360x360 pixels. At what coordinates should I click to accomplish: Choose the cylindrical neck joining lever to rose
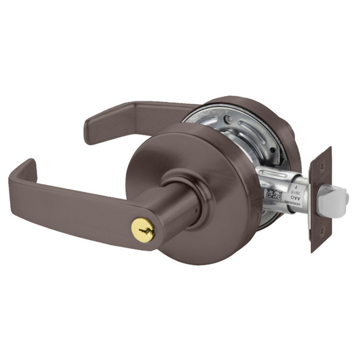178,204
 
